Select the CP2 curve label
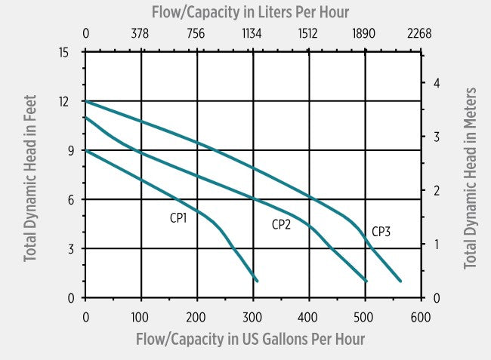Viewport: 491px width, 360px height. pos(282,224)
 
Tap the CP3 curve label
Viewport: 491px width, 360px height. pos(381,232)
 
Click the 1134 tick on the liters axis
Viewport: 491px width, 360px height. pos(252,32)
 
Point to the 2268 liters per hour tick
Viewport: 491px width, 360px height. pos(418,32)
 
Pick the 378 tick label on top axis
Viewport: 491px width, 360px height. pos(141,32)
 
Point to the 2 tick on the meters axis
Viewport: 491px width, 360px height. pos(435,190)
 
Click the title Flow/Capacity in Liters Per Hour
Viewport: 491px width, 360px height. pos(250,12)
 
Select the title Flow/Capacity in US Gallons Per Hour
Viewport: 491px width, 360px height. pos(250,339)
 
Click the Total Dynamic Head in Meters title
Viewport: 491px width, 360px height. pos(471,178)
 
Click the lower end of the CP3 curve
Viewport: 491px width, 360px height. pos(400,281)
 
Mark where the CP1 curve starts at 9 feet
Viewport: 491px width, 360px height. pos(85,150)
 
